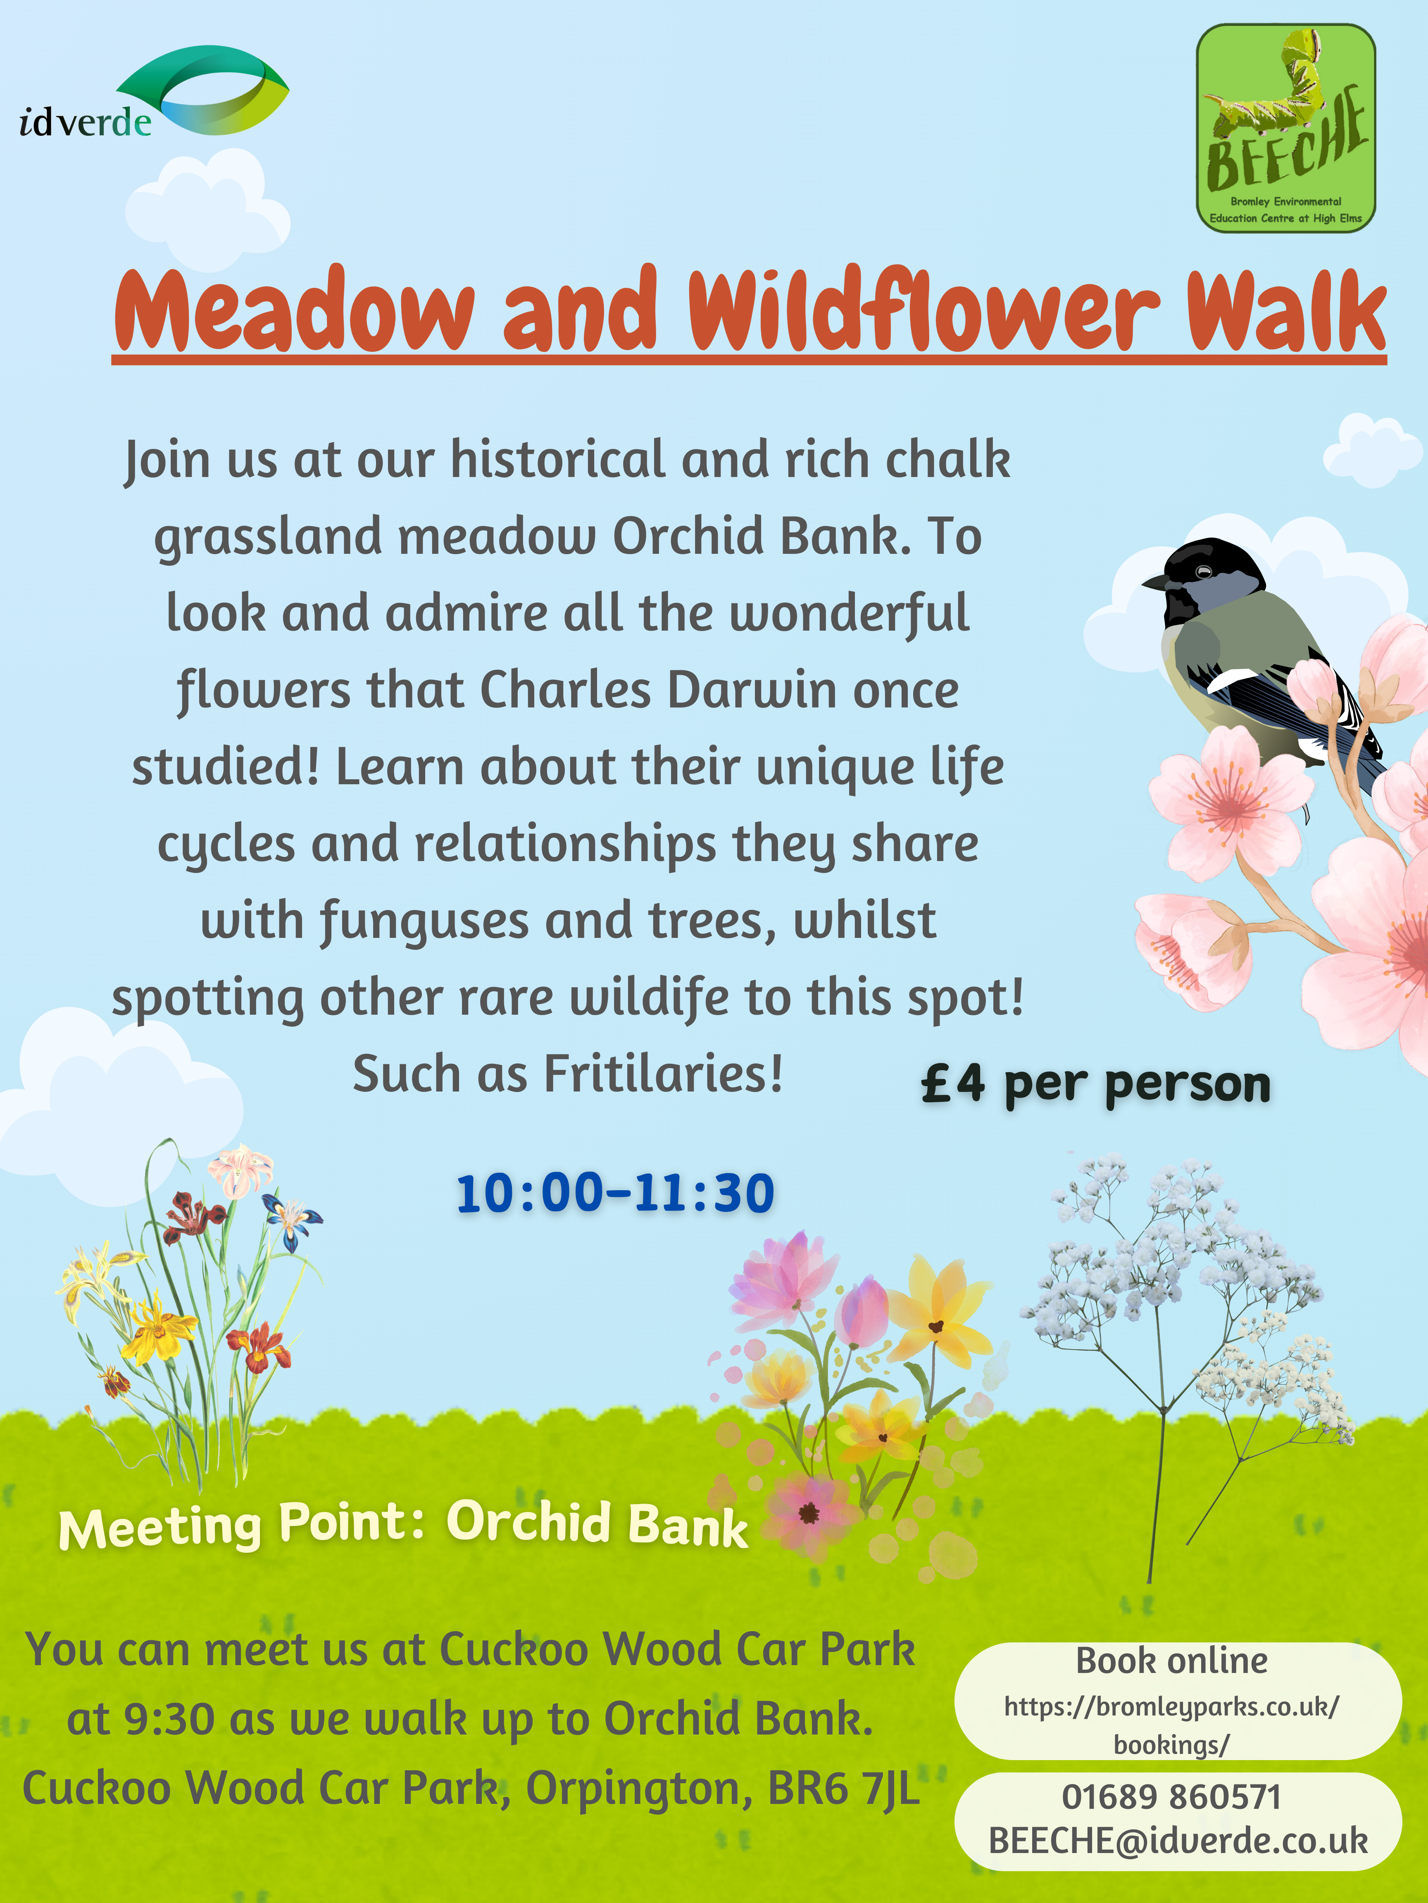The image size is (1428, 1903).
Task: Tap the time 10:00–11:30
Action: [x=615, y=1193]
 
